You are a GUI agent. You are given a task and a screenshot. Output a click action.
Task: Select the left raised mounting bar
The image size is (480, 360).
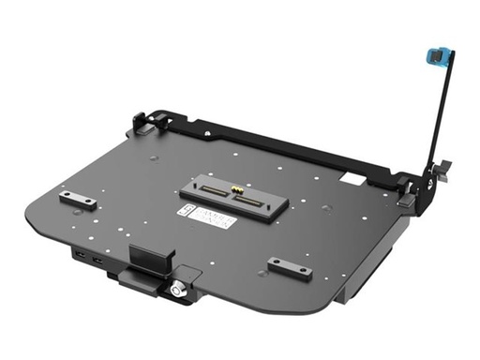78,199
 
